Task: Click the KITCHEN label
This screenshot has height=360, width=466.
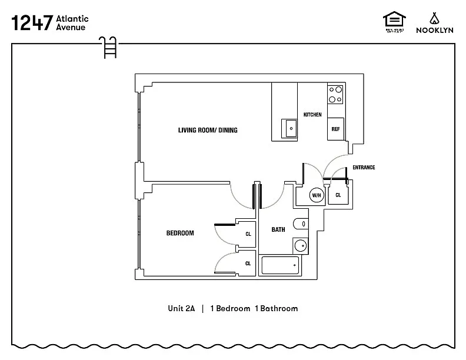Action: coord(312,114)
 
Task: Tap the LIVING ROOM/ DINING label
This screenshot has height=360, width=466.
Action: coord(208,130)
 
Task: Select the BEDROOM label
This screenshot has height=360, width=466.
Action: coord(180,233)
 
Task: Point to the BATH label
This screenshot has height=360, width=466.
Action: coord(278,229)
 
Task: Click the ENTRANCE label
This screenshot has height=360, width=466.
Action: coord(364,168)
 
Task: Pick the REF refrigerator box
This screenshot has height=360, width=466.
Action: coord(335,129)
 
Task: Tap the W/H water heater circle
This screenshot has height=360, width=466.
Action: coord(317,195)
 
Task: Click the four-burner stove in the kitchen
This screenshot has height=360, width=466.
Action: coord(335,94)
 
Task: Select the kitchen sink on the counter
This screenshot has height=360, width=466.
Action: coord(291,128)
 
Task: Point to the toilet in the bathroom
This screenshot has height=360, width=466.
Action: coord(301,223)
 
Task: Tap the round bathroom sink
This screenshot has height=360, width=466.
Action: coord(301,245)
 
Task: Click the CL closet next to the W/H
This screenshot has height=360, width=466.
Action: coord(338,195)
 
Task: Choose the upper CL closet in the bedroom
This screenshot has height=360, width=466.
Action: coord(248,234)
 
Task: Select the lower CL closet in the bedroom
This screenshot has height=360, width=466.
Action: coord(248,263)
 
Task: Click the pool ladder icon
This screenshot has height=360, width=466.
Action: coord(108,46)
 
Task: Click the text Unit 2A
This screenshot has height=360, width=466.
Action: coord(181,308)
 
